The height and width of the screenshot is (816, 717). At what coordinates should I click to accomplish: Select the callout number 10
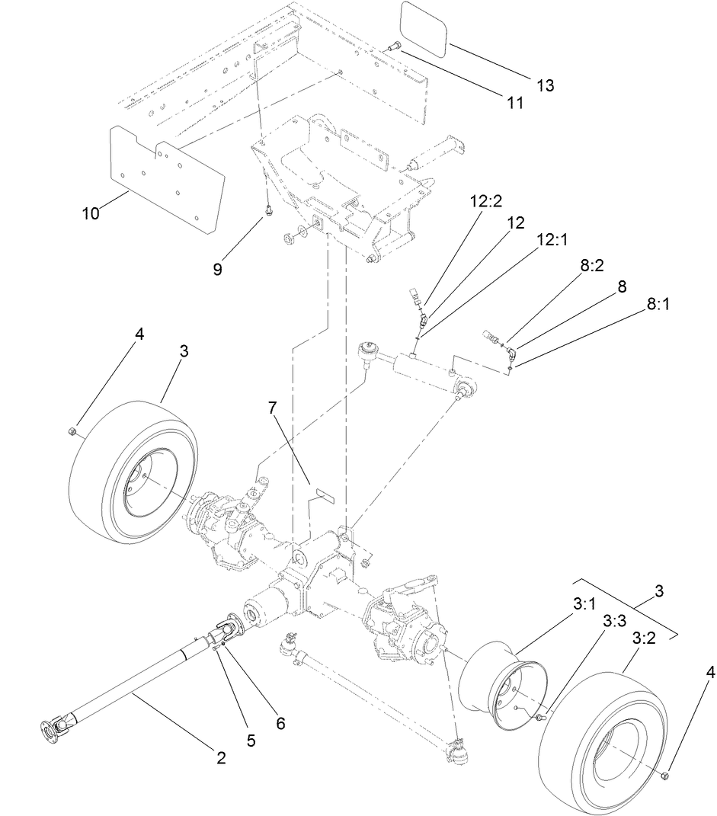pos(91,213)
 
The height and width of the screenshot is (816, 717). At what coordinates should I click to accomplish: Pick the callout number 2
pos(221,757)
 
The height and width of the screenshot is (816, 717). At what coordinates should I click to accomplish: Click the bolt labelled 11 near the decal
pos(395,47)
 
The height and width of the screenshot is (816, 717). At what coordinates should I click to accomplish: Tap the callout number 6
pos(280,724)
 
